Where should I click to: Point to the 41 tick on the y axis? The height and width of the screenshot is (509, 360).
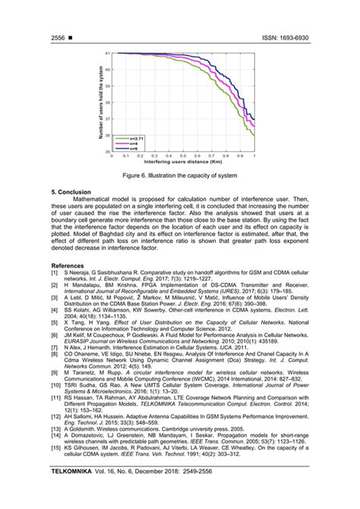click(x=109, y=53)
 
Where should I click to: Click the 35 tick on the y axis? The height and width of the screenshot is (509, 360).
click(x=109, y=152)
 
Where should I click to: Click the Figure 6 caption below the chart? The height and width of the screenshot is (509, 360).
click(x=179, y=175)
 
